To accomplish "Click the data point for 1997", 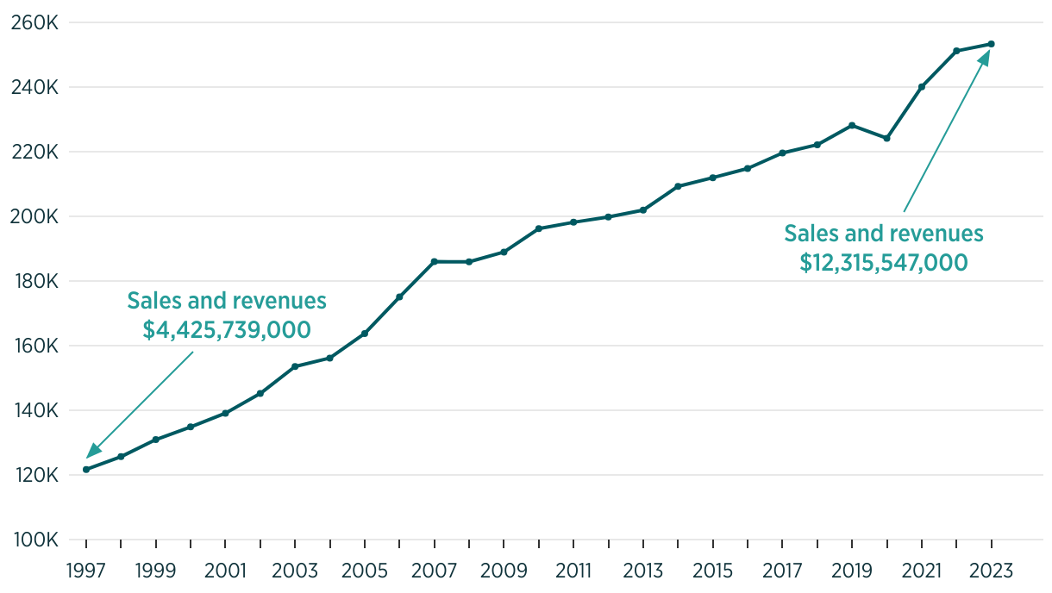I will [x=86, y=469].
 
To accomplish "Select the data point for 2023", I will [x=992, y=44].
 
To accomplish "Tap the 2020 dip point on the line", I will [x=886, y=138].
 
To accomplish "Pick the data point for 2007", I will [x=434, y=261].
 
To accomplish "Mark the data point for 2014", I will [x=678, y=186].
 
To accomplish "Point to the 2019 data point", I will [x=852, y=125].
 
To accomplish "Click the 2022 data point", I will [x=956, y=51].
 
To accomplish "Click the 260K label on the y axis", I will [x=34, y=22].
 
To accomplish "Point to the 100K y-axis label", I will [x=34, y=540].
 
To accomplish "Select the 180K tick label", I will [x=34, y=282].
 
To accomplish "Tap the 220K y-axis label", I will [x=34, y=152].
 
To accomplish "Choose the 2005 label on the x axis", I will [x=365, y=570].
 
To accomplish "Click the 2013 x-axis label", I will [x=643, y=570].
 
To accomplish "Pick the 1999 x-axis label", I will [x=156, y=570].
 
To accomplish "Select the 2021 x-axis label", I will [x=922, y=570].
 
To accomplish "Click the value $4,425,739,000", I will [x=227, y=329].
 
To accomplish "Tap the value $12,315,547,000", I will [x=884, y=262].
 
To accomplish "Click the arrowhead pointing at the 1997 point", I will [x=93, y=451].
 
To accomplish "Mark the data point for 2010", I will [x=539, y=228].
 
